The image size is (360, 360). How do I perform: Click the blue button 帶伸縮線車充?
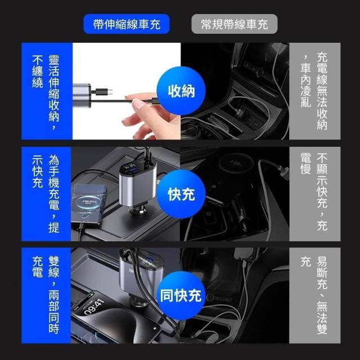(126, 24)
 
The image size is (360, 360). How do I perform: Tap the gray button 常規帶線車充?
(235, 24)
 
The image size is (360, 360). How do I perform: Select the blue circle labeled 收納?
(181, 91)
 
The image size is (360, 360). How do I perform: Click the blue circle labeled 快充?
(181, 194)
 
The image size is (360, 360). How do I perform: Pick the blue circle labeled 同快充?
(181, 295)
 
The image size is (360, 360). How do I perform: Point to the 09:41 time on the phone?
(94, 307)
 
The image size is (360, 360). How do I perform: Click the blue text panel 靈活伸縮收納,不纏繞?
(47, 91)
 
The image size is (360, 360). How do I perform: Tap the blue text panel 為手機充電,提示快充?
(46, 194)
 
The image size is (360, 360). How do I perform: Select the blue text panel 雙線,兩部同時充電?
(46, 295)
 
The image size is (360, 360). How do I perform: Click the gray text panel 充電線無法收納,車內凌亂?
(315, 91)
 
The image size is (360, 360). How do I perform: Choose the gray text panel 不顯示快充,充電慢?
(315, 194)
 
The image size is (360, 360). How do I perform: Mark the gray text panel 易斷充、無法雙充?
(315, 295)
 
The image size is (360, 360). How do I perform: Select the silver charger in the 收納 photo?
(82, 96)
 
